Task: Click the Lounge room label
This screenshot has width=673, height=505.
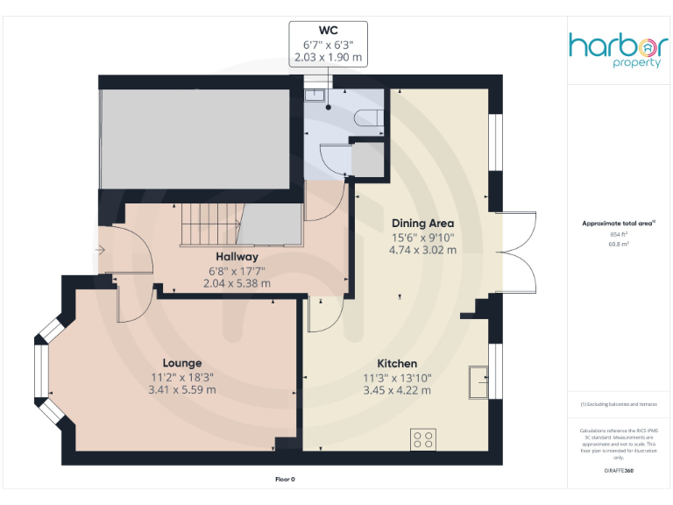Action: pos(181,363)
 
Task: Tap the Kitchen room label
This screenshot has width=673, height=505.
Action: pos(396,363)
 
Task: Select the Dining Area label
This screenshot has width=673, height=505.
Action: pos(422,223)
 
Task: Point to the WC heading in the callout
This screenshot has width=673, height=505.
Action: pos(328,29)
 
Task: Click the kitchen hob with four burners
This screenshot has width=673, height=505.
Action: pos(423,437)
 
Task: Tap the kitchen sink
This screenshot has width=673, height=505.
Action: pos(478,381)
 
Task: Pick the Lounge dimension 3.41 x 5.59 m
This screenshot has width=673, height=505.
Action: pos(181,389)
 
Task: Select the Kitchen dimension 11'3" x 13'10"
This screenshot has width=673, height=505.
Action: pos(396,377)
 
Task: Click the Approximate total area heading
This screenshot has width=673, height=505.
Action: pos(619,224)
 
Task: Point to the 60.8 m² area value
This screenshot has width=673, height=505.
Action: pos(619,245)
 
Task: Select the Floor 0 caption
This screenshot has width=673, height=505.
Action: pos(285,479)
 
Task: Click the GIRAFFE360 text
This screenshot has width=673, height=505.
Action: pos(619,472)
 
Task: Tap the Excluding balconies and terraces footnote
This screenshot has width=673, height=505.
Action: pos(619,404)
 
